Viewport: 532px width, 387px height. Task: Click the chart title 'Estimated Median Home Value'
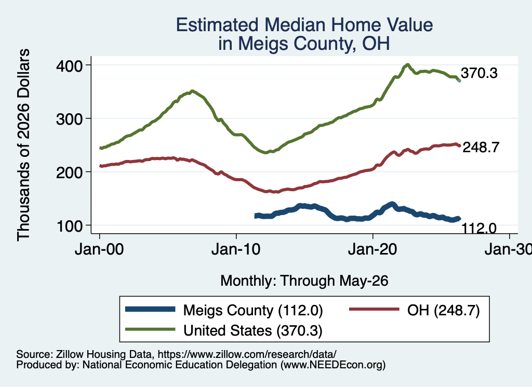point(304,25)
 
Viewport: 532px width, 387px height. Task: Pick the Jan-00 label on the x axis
point(99,249)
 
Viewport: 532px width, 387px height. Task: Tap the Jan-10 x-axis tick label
point(236,249)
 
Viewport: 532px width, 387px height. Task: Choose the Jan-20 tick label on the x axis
point(373,249)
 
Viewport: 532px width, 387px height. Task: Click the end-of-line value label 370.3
point(479,73)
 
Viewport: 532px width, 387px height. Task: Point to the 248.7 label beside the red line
point(481,147)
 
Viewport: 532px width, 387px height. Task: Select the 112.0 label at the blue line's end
point(479,228)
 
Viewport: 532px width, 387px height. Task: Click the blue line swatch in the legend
point(150,309)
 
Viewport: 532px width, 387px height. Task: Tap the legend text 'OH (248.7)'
point(444,310)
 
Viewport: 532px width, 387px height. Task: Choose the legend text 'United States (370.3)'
point(253,331)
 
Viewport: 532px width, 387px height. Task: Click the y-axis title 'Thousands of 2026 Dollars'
point(23,145)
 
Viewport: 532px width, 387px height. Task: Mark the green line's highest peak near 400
point(407,64)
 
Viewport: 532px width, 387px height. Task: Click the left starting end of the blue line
point(256,216)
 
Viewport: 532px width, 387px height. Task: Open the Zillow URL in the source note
point(247,354)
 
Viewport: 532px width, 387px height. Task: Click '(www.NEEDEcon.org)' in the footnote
point(333,365)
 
